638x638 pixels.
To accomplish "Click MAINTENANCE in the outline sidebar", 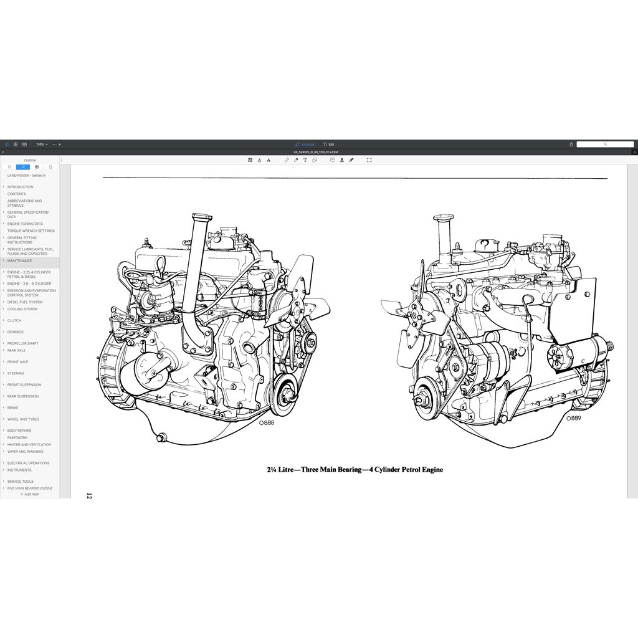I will [x=19, y=260].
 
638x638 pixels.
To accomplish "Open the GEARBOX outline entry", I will [x=16, y=332].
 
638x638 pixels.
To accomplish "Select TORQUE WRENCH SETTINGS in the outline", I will [x=31, y=231].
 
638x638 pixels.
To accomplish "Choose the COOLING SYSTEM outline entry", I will [x=22, y=309].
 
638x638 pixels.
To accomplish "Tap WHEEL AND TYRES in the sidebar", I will [x=23, y=419].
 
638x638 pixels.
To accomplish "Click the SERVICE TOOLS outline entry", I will [x=21, y=482].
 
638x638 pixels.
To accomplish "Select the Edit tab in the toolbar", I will [x=329, y=144].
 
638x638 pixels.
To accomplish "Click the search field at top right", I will [x=604, y=144].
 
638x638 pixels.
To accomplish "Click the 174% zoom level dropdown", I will [x=41, y=144].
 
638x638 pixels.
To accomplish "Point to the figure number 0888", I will [x=266, y=422].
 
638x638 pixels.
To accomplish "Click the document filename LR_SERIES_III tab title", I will [x=319, y=152].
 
